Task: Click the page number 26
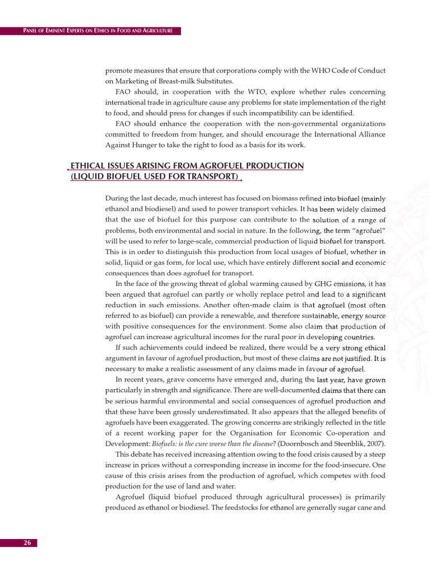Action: click(x=27, y=542)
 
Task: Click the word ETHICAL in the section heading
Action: click(x=88, y=166)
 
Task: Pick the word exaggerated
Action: click(x=179, y=422)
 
